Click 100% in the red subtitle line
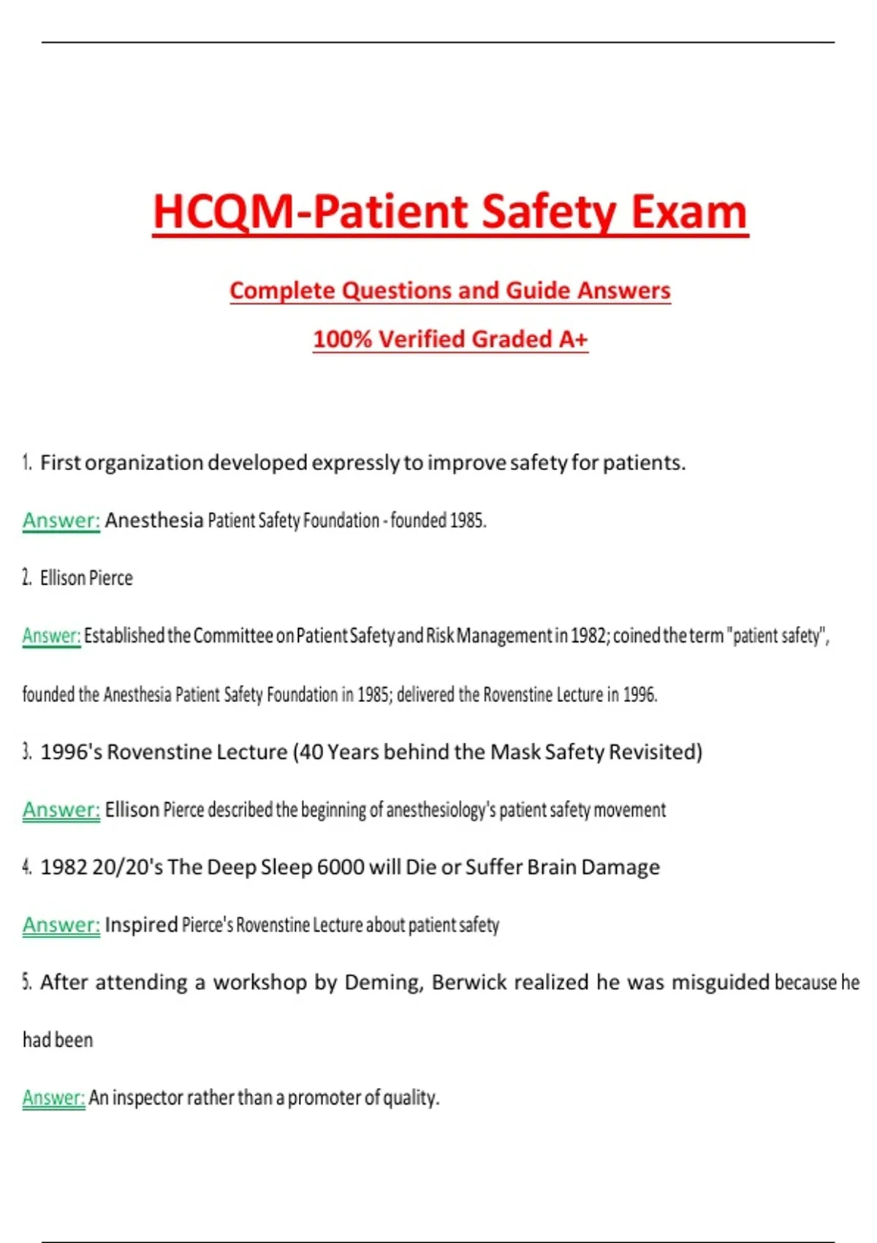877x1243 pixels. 342,339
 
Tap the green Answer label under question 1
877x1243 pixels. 61,521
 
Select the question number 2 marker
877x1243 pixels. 27,578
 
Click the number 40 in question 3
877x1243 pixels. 311,752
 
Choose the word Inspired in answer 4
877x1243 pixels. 141,925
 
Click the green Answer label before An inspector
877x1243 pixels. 53,1098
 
